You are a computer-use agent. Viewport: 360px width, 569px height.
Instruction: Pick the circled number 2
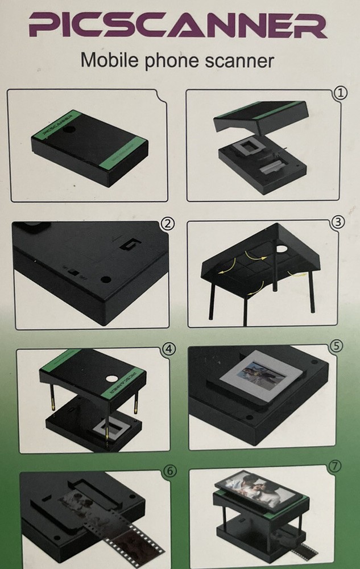click(167, 223)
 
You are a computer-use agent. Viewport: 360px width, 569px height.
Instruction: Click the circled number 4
click(169, 349)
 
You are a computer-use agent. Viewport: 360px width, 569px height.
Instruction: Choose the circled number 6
click(168, 472)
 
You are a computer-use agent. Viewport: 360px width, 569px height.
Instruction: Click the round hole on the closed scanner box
click(71, 130)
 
